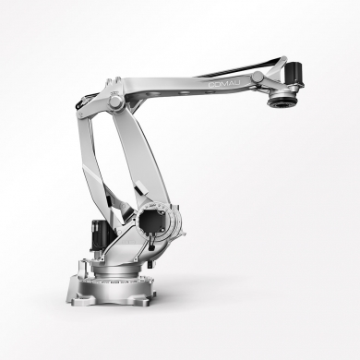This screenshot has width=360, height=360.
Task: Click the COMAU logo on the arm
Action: [x=224, y=84]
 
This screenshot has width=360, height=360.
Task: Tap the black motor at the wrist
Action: [x=295, y=74]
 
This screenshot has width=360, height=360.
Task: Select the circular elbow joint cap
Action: [x=115, y=102]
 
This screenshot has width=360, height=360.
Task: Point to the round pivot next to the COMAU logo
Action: [x=258, y=77]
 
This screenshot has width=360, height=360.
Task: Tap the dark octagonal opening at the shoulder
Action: [x=150, y=221]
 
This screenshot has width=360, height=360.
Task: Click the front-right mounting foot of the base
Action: [x=140, y=300]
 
